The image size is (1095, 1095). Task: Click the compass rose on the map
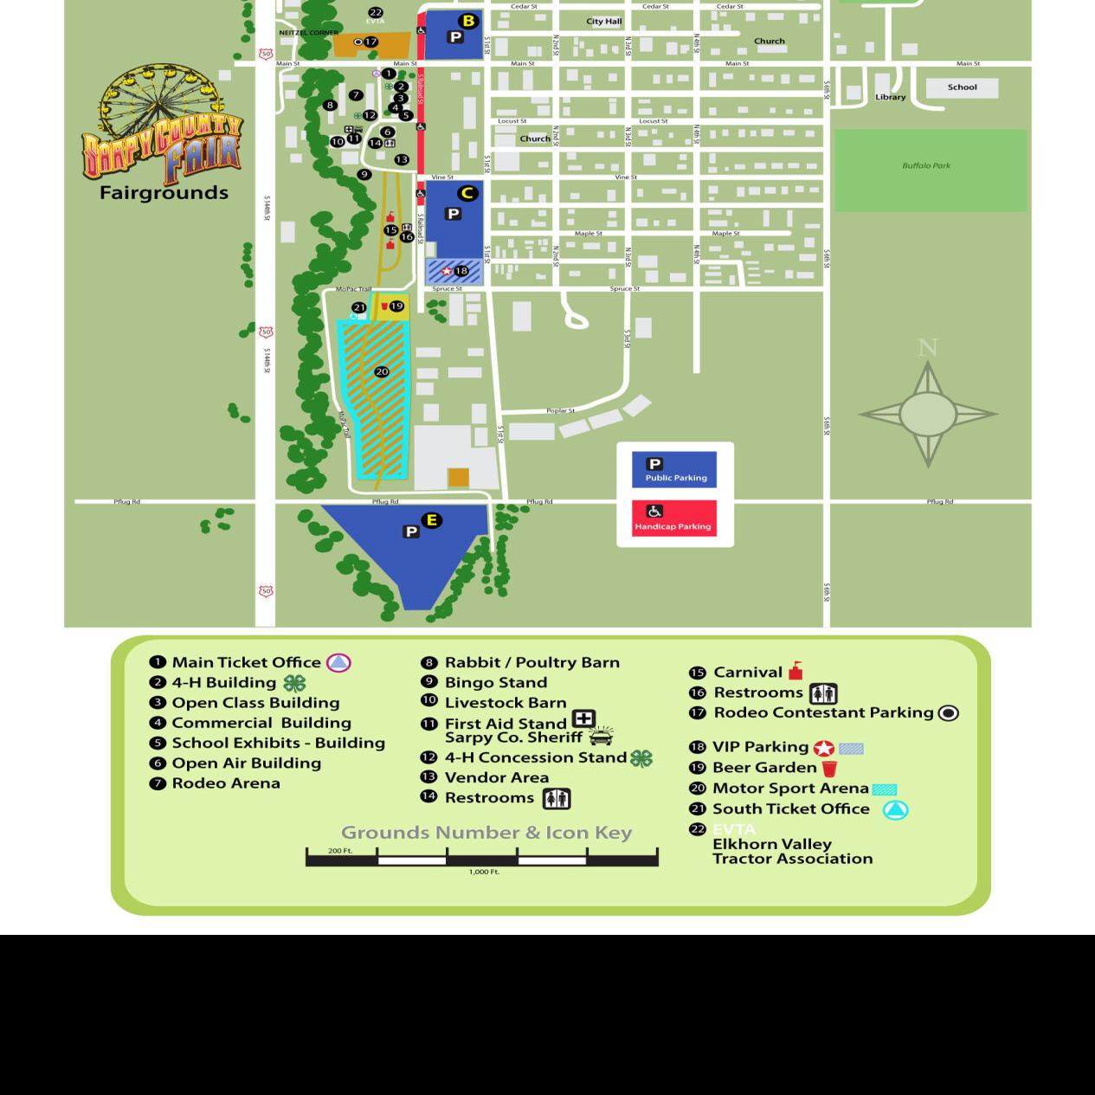927,414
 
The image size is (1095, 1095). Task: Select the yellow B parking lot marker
468,22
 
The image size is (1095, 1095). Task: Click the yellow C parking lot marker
467,193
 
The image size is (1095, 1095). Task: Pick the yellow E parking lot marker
431,520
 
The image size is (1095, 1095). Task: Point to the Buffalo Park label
926,165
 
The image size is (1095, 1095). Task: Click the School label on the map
962,87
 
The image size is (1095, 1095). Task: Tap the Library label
890,97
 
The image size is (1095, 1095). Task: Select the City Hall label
604,22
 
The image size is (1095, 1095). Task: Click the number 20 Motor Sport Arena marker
382,371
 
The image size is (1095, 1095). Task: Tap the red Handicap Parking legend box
673,519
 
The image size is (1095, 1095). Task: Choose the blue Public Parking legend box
673,470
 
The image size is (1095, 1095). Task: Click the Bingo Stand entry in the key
495,683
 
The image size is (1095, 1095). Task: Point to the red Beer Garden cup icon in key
829,768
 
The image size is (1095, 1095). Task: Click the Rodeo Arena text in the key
226,783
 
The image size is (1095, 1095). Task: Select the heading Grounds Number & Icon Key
486,833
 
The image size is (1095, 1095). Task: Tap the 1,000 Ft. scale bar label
485,872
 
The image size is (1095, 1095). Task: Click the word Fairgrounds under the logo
164,193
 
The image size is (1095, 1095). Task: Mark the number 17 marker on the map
370,42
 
